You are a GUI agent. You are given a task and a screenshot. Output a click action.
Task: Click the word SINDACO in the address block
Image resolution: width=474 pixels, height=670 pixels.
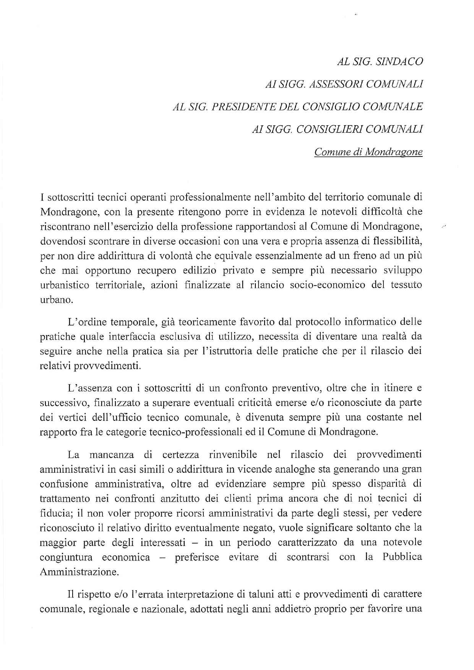tap(399, 62)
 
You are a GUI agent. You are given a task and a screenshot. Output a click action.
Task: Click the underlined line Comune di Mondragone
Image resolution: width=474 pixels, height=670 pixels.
tap(368, 152)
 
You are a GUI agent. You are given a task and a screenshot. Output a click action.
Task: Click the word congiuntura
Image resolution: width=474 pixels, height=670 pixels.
tap(66, 557)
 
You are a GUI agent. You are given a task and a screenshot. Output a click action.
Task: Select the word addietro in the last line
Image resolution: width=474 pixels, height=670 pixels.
tap(296, 608)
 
